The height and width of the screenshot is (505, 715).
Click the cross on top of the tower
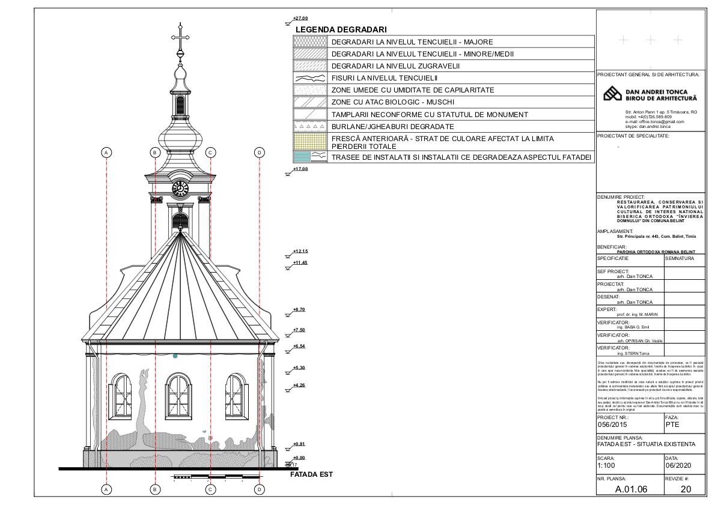click(x=180, y=37)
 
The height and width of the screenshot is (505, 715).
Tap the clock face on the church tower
click(x=180, y=189)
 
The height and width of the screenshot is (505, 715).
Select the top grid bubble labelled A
click(x=107, y=153)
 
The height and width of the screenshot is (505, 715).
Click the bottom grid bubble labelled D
click(x=260, y=489)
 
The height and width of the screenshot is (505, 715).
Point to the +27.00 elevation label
click(x=300, y=19)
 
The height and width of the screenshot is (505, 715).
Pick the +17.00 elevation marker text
click(x=300, y=169)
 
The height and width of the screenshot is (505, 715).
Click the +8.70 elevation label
click(x=299, y=309)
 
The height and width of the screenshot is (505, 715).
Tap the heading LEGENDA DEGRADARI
click(x=341, y=29)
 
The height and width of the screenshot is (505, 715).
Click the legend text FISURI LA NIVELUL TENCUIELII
click(x=385, y=78)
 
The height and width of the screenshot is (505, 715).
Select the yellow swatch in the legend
click(x=309, y=142)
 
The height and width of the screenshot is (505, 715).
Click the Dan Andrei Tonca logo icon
click(x=612, y=94)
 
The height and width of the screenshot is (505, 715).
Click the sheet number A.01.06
click(x=630, y=489)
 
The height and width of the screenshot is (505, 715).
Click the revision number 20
click(x=686, y=489)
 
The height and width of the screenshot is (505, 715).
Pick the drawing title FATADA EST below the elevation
click(x=311, y=474)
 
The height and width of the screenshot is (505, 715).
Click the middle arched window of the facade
click(x=179, y=396)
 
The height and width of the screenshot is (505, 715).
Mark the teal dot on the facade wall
click(x=175, y=356)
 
